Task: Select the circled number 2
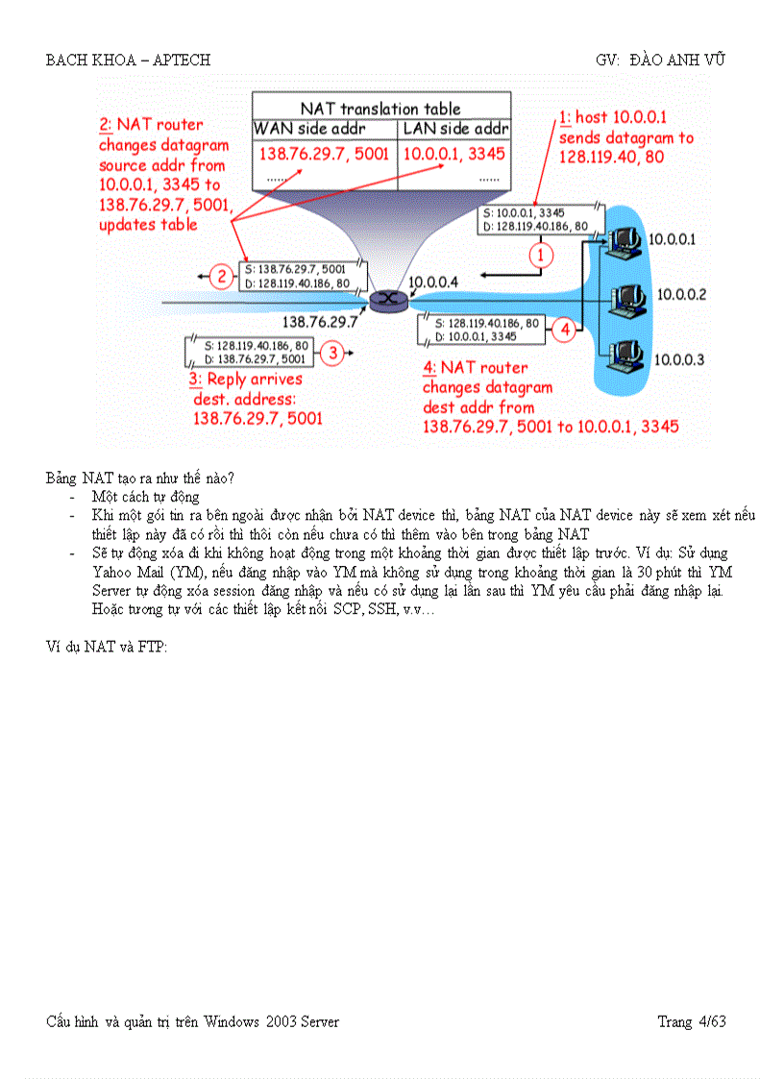tap(222, 278)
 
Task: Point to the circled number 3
tap(331, 353)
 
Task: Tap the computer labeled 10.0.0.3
tap(625, 353)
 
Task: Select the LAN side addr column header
tap(455, 129)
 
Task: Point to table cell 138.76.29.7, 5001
tap(323, 154)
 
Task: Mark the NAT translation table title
tap(380, 109)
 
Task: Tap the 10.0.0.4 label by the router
tap(435, 282)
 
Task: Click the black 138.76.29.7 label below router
tap(319, 322)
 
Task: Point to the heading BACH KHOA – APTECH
tap(128, 60)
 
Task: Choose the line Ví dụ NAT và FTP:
tap(107, 647)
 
